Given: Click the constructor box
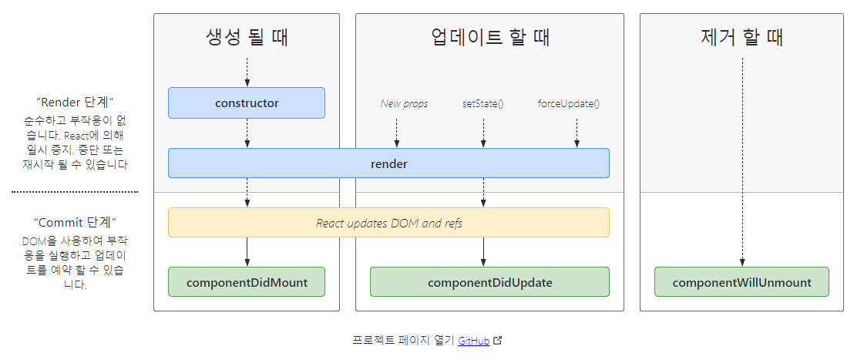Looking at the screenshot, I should (x=247, y=103).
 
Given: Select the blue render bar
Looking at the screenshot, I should (x=388, y=163).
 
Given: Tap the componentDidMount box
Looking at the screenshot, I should (x=247, y=282).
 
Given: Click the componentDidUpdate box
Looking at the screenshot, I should (x=489, y=282).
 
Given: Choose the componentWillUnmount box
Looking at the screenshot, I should (x=741, y=282).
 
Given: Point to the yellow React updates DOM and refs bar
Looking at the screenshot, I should (x=388, y=223).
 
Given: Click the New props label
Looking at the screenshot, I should (x=404, y=103).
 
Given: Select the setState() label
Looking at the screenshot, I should (x=483, y=103).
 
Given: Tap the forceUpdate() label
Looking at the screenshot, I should (x=569, y=103).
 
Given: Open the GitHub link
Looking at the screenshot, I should (x=473, y=341).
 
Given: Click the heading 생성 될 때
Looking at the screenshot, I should (x=247, y=37).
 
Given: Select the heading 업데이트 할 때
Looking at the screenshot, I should (x=489, y=37).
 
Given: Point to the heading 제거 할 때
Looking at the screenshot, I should (x=741, y=37).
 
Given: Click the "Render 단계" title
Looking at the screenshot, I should (x=75, y=102).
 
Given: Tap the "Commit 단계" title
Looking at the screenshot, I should (x=75, y=222).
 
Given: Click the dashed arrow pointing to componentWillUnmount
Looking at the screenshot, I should (x=741, y=162).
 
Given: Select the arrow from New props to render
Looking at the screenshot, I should (x=397, y=133).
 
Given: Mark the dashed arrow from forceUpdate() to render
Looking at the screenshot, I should (x=577, y=133).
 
